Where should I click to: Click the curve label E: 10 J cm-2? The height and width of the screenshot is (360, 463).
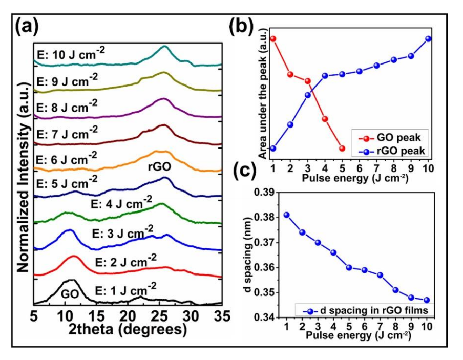coord(75,53)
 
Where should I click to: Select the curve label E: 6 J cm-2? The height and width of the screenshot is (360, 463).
coord(67,157)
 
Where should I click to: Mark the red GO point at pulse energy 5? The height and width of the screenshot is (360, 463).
coord(342,149)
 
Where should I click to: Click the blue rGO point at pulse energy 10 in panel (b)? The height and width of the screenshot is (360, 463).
coord(428,39)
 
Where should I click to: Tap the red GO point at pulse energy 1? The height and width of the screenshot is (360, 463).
coord(273,39)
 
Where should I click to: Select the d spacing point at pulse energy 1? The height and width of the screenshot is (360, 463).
coord(286,215)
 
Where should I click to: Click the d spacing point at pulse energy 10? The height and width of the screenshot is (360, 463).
coord(427,300)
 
